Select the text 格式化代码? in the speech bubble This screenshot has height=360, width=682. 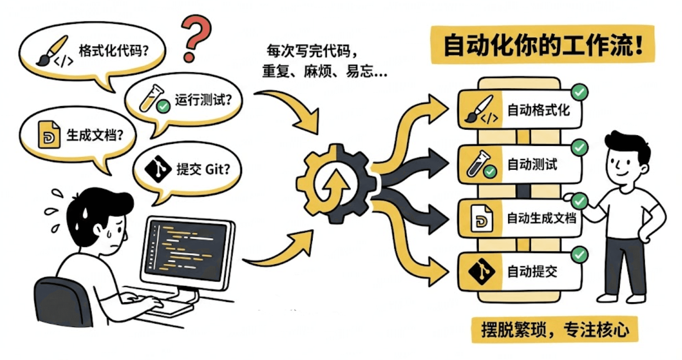(114, 51)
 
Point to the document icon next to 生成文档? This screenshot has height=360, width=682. (49, 134)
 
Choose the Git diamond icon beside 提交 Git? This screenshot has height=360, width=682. (158, 169)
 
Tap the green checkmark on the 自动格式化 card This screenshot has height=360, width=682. (579, 92)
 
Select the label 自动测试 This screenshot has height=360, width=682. (532, 164)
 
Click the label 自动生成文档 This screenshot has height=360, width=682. (542, 218)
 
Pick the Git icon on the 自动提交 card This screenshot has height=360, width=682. (481, 271)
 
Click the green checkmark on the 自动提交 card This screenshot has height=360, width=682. (579, 255)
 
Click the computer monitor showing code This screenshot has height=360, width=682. (188, 250)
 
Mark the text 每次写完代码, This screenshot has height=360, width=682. (312, 51)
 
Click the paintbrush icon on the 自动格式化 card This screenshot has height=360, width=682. (479, 108)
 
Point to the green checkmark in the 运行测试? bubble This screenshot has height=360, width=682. (163, 106)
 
